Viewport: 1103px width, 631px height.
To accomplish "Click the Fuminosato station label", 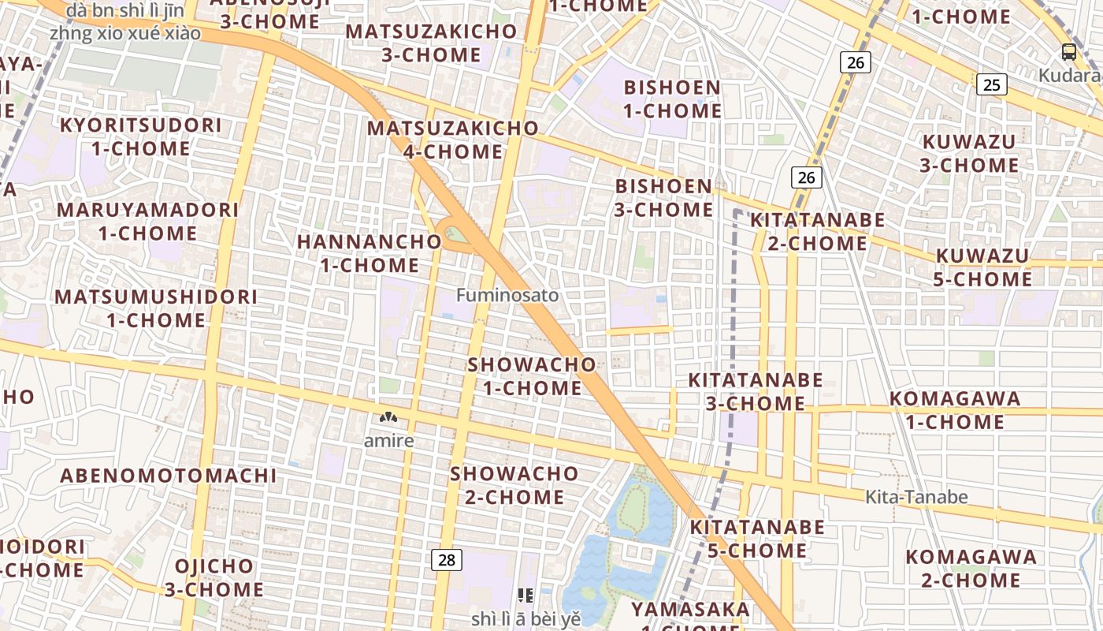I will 507,295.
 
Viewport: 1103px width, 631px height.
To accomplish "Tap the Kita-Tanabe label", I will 916,497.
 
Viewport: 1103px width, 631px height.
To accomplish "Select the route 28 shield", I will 447,560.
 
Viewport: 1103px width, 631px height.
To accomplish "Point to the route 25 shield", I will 992,84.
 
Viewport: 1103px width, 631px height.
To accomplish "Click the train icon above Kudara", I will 1068,52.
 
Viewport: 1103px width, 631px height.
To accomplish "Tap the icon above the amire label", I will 388,417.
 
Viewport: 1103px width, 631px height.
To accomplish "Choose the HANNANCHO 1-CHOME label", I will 370,253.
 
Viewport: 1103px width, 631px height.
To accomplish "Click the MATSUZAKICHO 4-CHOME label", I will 453,139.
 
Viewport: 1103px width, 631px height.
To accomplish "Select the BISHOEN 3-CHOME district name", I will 663,198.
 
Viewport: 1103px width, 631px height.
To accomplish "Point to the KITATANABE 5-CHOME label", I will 757,538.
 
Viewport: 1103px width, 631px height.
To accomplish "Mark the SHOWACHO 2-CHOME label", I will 514,485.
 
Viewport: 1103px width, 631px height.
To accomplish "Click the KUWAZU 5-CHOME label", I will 982,267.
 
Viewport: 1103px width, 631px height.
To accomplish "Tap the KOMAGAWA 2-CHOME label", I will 971,568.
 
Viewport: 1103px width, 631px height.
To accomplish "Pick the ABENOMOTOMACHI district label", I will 169,476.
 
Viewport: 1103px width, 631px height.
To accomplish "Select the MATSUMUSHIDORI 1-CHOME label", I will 156,308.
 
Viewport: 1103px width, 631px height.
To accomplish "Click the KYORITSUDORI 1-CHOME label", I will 140,136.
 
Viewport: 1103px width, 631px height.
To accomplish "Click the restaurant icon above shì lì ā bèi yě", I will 526,596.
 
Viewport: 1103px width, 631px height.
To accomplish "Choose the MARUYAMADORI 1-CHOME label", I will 147,222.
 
